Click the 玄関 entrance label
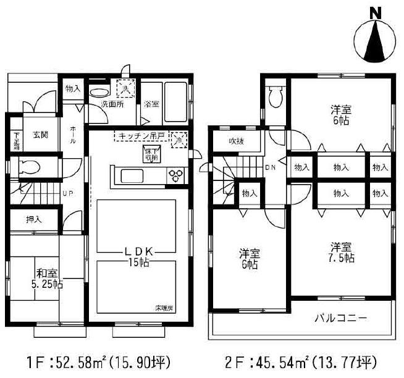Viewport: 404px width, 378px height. [x=41, y=135]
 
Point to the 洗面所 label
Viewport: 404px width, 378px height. [x=112, y=104]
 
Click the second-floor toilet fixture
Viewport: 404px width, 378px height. [x=276, y=97]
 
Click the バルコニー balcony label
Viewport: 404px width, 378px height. [x=340, y=319]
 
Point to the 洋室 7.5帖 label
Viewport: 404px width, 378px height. [x=340, y=251]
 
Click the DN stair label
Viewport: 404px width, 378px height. [x=271, y=167]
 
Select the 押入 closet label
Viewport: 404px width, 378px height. [x=34, y=219]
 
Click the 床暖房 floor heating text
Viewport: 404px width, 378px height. [x=162, y=307]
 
